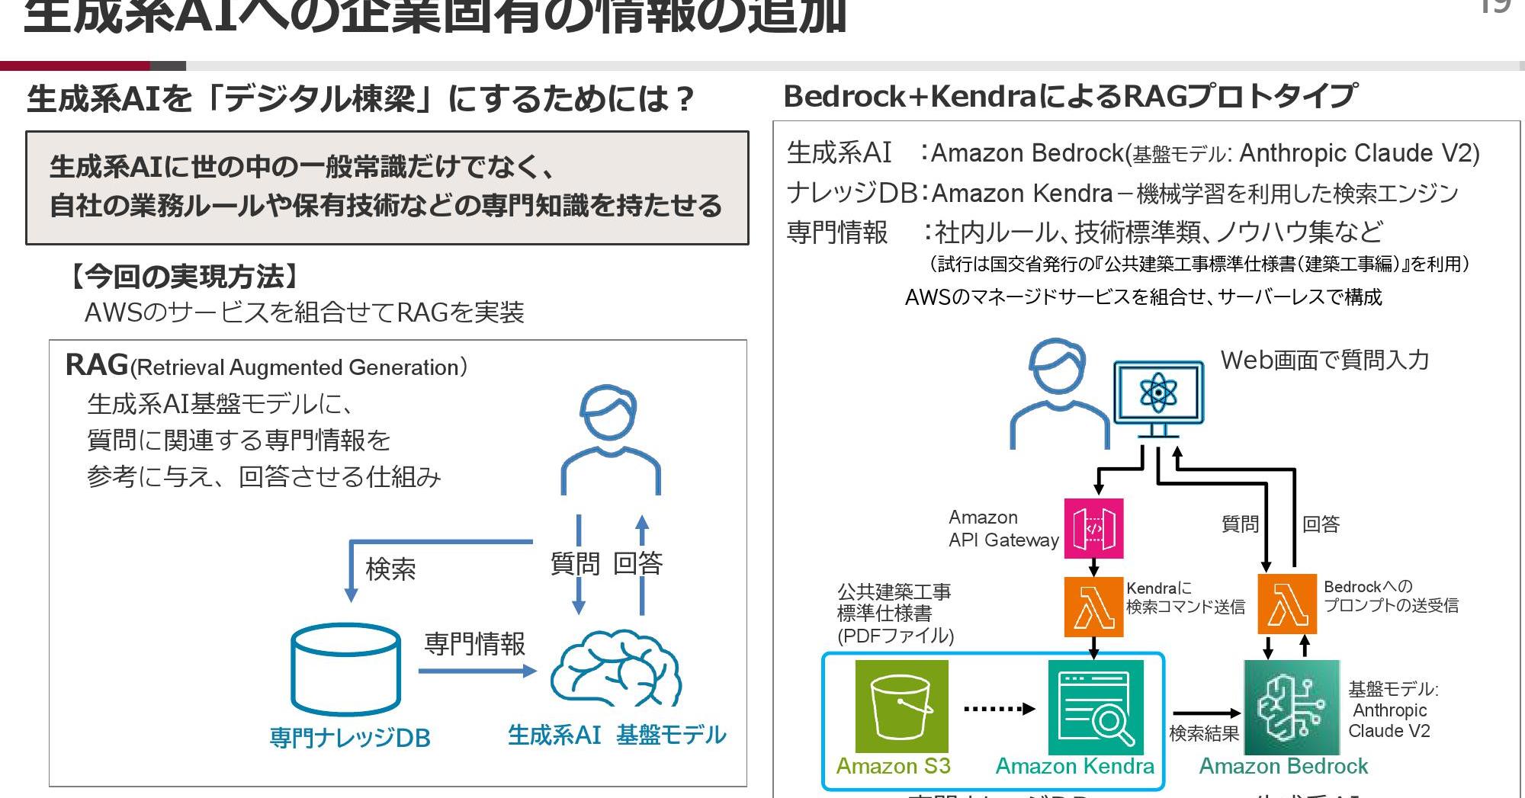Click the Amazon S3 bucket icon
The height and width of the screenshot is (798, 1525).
pyautogui.click(x=901, y=706)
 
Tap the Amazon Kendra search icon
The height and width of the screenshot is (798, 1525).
pyautogui.click(x=1095, y=707)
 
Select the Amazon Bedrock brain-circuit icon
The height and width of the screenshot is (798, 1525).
pyautogui.click(x=1291, y=707)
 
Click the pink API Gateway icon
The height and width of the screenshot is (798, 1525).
pyautogui.click(x=1093, y=528)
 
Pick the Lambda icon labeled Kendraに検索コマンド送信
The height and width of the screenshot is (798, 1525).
pyautogui.click(x=1093, y=607)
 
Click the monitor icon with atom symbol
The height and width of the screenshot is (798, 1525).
pyautogui.click(x=1158, y=393)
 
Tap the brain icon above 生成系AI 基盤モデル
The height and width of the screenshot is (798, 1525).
pyautogui.click(x=616, y=668)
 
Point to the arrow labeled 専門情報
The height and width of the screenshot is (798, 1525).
pyautogui.click(x=477, y=671)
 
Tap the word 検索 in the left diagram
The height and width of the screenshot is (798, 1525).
pyautogui.click(x=390, y=569)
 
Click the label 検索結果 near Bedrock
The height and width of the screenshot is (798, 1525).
pyautogui.click(x=1204, y=733)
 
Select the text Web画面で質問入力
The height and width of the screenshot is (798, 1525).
pyautogui.click(x=1324, y=360)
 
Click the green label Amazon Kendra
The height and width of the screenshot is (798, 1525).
pyautogui.click(x=1074, y=766)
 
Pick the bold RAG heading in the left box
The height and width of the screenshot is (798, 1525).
pyautogui.click(x=97, y=365)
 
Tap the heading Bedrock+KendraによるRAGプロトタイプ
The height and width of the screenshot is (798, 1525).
pyautogui.click(x=1070, y=97)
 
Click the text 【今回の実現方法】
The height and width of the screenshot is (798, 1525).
pyautogui.click(x=183, y=276)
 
